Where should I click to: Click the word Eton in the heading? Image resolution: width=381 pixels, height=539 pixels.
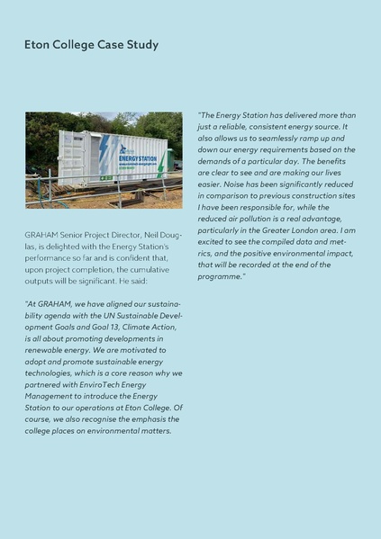click(x=39, y=44)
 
